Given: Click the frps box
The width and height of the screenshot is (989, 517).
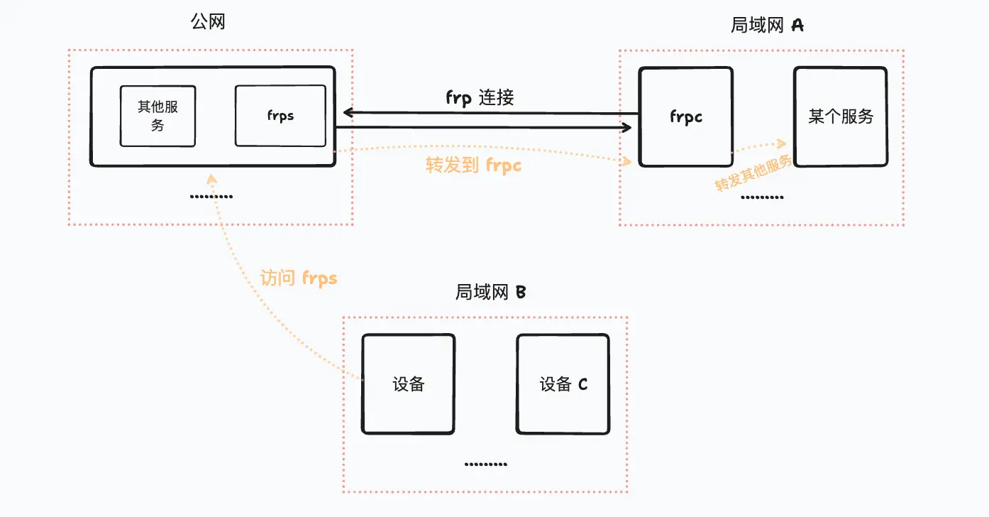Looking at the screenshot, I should point(280,116).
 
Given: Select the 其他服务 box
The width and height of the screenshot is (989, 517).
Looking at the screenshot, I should point(158,116).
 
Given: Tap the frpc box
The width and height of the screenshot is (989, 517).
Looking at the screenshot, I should point(685,117).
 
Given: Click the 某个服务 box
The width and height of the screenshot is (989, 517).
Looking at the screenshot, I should point(840,117).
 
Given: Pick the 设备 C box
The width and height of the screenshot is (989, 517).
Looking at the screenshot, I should point(563,384).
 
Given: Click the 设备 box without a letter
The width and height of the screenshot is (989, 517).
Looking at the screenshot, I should point(408,384).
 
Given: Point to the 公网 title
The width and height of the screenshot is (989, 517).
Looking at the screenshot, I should point(208,22).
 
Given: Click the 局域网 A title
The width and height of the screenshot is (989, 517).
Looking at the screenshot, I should point(767,26).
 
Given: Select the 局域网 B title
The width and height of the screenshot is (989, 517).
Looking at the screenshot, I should point(490,292).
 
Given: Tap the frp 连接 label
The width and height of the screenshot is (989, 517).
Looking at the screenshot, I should point(480,97).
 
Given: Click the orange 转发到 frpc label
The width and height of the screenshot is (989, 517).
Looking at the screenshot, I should point(473,165).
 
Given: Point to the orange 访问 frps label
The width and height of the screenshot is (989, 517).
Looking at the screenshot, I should point(298,278).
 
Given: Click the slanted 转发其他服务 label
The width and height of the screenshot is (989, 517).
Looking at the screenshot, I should point(753,173).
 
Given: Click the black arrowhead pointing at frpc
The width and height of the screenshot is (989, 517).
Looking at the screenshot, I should point(627,128).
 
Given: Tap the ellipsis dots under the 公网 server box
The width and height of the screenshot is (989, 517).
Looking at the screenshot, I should point(211,197).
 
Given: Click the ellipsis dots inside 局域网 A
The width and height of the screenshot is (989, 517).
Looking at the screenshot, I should point(762,197).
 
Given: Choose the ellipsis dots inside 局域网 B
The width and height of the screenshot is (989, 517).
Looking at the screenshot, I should point(485,464).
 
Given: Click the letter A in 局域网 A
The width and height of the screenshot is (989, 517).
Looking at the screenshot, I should point(797,26).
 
